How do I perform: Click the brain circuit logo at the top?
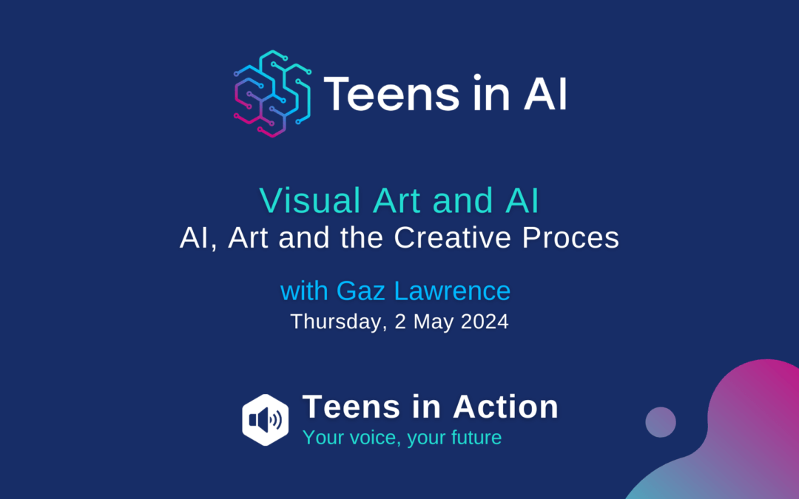tap(272, 94)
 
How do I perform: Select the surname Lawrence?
tap(453, 291)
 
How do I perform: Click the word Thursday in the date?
tap(337, 322)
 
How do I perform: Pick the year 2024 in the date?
tap(485, 322)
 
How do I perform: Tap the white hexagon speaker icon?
tap(266, 420)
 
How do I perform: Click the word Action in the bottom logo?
tap(505, 407)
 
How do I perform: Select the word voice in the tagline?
tap(375, 438)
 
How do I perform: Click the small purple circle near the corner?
tap(661, 422)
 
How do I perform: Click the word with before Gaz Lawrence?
tap(304, 291)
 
